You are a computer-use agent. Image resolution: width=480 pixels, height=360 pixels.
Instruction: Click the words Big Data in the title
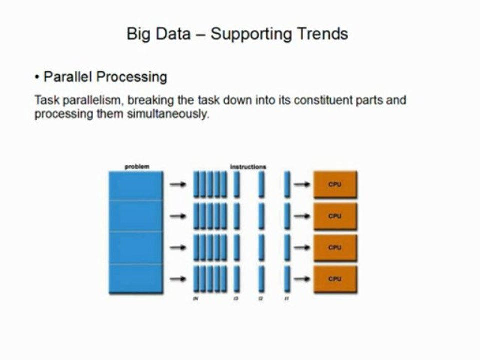158,34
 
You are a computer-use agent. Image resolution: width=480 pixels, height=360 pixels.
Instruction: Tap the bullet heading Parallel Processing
105,77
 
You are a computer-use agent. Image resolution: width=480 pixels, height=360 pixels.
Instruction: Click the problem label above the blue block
136,166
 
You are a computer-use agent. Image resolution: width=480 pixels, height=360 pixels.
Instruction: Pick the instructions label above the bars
248,166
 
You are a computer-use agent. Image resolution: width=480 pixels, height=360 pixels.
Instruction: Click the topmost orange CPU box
335,184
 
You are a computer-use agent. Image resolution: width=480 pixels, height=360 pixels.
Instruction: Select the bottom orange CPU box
335,279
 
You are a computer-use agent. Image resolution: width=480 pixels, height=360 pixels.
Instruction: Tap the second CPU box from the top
335,216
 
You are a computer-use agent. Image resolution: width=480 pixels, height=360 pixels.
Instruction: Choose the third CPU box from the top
335,247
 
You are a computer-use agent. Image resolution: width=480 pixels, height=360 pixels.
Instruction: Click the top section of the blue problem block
136,185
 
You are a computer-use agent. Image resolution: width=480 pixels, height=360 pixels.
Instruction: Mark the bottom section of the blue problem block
136,279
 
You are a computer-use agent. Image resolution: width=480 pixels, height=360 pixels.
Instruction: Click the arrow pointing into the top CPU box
302,184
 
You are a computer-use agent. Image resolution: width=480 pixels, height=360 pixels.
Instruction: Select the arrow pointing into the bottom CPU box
302,279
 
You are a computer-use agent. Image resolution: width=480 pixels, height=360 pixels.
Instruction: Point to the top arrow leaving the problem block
178,184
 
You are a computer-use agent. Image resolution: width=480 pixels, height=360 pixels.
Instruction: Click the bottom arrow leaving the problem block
178,279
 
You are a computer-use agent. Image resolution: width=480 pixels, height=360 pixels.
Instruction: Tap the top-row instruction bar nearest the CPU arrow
287,184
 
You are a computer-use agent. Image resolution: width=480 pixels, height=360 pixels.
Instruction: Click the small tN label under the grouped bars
195,299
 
